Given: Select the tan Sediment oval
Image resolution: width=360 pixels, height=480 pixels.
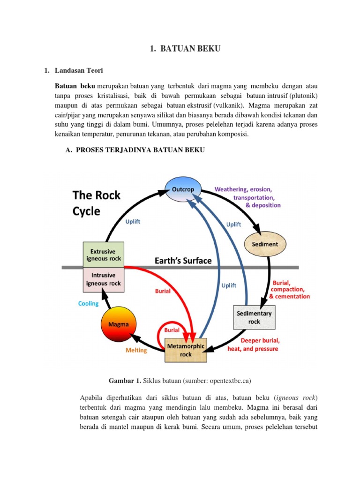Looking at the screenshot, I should click(x=265, y=244).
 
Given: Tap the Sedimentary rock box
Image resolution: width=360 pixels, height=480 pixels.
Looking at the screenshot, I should click(x=254, y=317).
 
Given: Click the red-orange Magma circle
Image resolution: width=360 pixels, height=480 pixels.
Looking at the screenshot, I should click(x=119, y=324).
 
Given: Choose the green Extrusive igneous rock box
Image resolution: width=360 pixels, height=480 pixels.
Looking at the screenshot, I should click(x=103, y=255).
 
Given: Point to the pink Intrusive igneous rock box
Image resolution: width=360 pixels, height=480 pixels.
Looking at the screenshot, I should click(x=103, y=279).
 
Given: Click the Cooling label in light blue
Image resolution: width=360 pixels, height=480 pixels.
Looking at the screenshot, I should click(x=89, y=304).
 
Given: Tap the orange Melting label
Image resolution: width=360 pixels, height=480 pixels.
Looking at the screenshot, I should click(x=136, y=350).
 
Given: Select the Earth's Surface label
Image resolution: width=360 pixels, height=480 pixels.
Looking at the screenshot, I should click(x=183, y=261).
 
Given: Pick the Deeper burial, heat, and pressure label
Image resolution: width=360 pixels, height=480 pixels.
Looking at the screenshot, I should click(x=253, y=345).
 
